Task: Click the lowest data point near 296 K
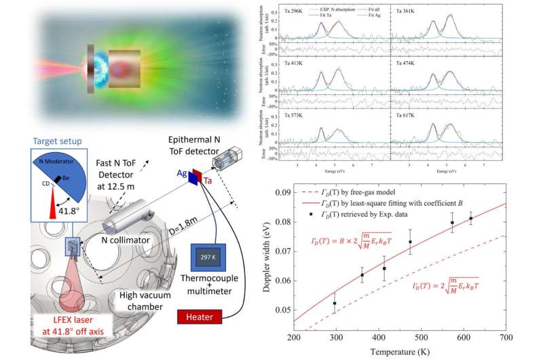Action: tap(335, 303)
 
